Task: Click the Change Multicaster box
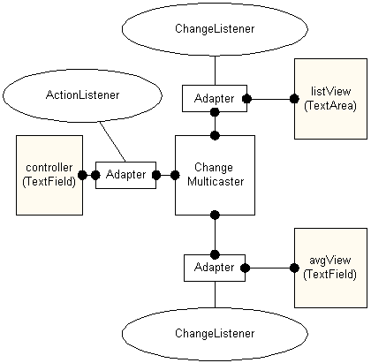tap(215, 175)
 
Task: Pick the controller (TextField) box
tap(49, 175)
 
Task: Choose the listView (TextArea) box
tap(330, 99)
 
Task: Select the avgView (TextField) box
tap(330, 268)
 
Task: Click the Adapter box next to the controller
tap(125, 175)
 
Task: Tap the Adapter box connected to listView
tap(215, 98)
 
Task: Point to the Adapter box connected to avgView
tap(215, 268)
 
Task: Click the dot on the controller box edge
tap(82, 175)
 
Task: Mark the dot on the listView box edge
tap(294, 99)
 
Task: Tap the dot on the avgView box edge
tap(294, 268)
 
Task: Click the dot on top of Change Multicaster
tap(215, 135)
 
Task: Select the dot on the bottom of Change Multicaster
tap(215, 215)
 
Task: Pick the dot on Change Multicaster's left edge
tap(175, 175)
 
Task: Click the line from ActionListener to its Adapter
tap(113, 142)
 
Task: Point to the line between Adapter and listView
tap(270, 99)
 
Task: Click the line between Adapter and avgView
tap(269, 268)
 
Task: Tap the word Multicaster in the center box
tap(216, 182)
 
